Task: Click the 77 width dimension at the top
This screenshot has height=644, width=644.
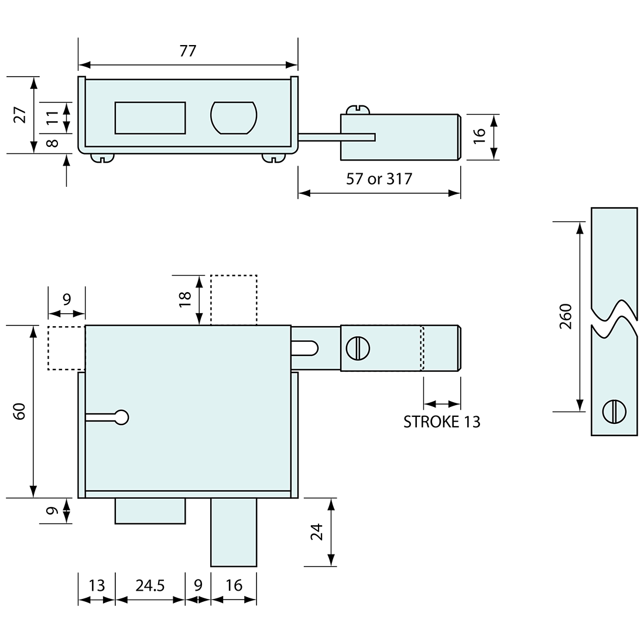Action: point(188,51)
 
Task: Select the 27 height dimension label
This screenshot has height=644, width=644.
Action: point(20,115)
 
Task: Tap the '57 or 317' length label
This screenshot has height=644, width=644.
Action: point(379,179)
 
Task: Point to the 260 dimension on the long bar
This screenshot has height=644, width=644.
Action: point(566,316)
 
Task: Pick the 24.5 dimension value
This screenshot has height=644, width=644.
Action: point(150,585)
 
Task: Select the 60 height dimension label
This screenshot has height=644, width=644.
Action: point(20,411)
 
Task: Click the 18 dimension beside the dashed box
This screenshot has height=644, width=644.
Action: point(186,299)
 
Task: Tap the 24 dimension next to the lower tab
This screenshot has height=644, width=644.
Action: point(317,532)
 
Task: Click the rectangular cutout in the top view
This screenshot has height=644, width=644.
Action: point(150,118)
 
